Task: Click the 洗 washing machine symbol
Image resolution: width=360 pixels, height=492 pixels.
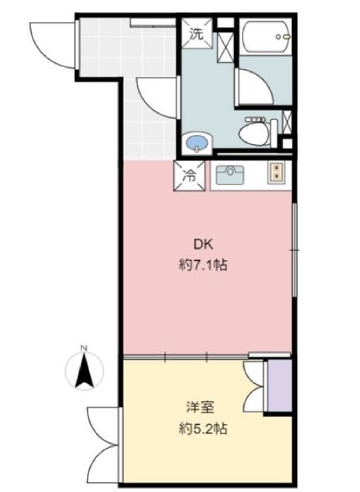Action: click(197, 33)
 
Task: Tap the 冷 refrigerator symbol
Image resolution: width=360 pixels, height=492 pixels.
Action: click(190, 176)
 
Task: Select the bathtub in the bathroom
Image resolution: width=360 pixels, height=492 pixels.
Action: click(268, 37)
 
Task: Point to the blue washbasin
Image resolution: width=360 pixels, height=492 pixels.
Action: click(197, 143)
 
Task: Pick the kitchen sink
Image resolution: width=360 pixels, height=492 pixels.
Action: click(230, 175)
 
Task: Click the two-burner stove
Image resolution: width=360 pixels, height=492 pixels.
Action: click(277, 172)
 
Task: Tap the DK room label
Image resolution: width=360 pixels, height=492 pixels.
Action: click(204, 245)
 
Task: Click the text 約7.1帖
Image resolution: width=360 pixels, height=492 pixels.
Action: click(203, 266)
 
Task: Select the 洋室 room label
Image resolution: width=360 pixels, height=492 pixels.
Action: click(200, 407)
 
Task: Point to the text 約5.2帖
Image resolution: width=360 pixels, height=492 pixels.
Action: click(203, 428)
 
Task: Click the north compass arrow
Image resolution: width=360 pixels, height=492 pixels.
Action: click(84, 371)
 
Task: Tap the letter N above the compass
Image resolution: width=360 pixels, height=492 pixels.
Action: click(83, 348)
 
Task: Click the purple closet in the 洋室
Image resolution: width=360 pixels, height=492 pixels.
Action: click(280, 386)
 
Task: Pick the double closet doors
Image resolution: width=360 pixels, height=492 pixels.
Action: click(254, 386)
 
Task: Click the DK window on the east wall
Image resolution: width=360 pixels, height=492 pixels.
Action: click(294, 250)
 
